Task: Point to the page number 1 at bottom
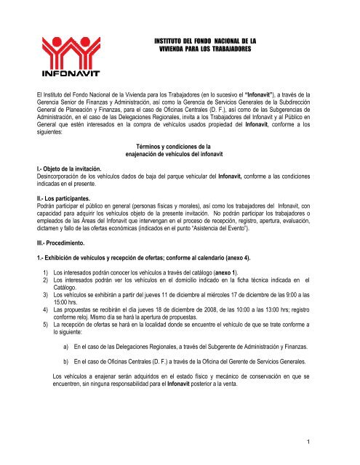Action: pyautogui.click(x=340, y=439)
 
